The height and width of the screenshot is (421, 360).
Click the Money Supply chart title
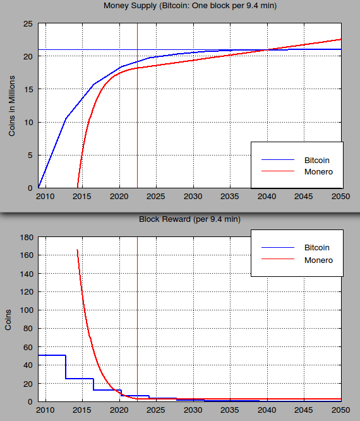[189, 6]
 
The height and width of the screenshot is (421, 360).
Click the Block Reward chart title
[189, 219]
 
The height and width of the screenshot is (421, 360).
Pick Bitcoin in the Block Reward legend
[317, 248]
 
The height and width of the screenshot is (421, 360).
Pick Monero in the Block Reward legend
[318, 260]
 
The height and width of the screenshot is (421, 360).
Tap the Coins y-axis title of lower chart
[9, 319]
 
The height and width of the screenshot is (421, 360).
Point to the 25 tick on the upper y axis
[28, 24]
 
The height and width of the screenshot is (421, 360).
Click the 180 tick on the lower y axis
[25, 237]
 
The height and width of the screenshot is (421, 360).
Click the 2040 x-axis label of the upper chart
[267, 197]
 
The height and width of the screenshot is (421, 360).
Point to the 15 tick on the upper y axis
[28, 90]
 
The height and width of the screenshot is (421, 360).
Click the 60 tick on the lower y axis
[28, 347]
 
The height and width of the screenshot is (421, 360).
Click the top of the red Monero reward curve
[78, 250]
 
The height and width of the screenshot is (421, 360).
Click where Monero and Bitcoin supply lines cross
[267, 50]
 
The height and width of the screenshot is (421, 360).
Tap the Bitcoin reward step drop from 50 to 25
[66, 367]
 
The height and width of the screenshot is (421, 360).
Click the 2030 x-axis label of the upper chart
[193, 197]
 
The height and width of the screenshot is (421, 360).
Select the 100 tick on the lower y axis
[25, 310]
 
